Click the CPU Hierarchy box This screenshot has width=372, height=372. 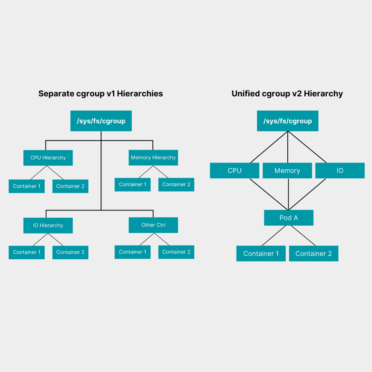point(48,158)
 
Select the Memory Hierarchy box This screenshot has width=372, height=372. point(153,157)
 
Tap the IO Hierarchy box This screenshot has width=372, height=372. point(48,225)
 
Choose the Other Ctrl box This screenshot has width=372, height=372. point(153,225)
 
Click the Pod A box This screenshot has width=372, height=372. point(289,218)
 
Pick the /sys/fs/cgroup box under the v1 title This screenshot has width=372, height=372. point(101,121)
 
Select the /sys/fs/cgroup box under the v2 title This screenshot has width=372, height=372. point(288,121)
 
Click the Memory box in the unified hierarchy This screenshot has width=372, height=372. point(287,170)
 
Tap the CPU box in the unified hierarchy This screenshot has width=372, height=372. point(235,170)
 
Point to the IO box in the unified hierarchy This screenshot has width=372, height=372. point(340,170)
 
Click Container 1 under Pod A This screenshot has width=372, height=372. point(261,254)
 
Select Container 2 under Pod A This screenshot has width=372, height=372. point(314,254)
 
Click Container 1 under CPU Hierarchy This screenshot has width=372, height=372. point(27,186)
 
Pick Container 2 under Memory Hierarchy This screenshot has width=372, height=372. point(176,185)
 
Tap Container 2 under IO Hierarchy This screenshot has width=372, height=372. point(70,252)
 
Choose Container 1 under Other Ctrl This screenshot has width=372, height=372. point(133,252)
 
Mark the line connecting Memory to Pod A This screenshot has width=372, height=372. point(289,194)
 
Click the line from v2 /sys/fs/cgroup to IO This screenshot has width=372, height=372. point(307,147)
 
